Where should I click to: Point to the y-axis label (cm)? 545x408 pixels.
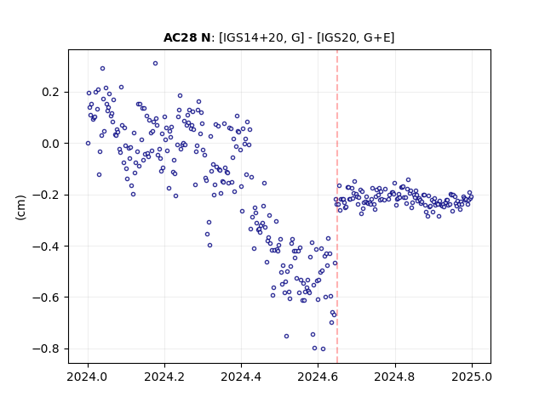pyautogui.click(x=20, y=207)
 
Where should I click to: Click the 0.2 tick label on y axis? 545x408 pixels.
pyautogui.click(x=50, y=93)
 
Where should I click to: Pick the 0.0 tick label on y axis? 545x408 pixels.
pyautogui.click(x=50, y=144)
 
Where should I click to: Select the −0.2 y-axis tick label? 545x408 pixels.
pyautogui.click(x=46, y=195)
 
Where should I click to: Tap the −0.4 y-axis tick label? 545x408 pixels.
pyautogui.click(x=46, y=246)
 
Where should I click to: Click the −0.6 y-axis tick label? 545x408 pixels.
pyautogui.click(x=46, y=297)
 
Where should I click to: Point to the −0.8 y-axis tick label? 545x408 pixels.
pyautogui.click(x=46, y=348)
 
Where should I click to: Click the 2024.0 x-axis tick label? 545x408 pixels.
pyautogui.click(x=88, y=377)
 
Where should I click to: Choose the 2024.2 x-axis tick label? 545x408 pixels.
pyautogui.click(x=164, y=377)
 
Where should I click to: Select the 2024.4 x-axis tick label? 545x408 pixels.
pyautogui.click(x=241, y=377)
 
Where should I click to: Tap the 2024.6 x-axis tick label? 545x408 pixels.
pyautogui.click(x=318, y=377)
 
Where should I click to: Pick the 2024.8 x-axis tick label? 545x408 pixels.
pyautogui.click(x=395, y=377)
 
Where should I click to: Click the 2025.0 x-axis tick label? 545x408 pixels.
pyautogui.click(x=472, y=377)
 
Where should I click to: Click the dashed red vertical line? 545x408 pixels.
pyautogui.click(x=337, y=207)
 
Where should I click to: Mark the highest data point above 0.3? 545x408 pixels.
pyautogui.click(x=155, y=63)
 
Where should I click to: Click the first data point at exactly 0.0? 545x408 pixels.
pyautogui.click(x=88, y=144)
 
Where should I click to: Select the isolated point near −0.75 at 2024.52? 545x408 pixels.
pyautogui.click(x=286, y=337)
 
